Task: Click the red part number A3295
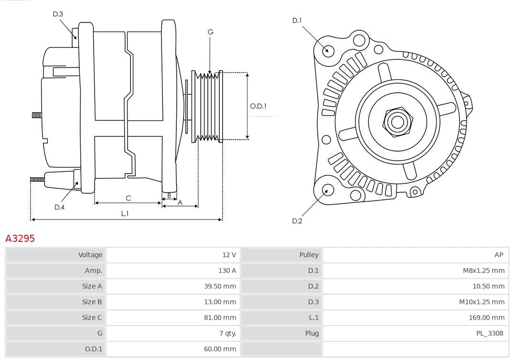pos(20,238)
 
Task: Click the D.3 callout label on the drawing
pos(58,14)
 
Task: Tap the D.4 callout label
pos(59,207)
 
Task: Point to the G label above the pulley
pos(210,32)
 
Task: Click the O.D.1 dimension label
pos(258,106)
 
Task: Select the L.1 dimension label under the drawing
pos(125,214)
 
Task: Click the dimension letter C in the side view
pos(128,198)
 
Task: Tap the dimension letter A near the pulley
pos(180,202)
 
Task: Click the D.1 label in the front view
pos(297,20)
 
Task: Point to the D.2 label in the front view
pos(297,221)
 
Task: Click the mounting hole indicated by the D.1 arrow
pos(328,50)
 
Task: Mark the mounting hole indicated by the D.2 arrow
pos(327,191)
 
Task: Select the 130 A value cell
pos(227,271)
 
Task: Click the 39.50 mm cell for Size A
pos(220,286)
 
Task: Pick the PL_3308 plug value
pos(490,333)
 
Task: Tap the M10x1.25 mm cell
pos(482,302)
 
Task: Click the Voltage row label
pos(90,255)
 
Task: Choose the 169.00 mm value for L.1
pos(486,317)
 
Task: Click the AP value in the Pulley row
pos(499,255)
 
